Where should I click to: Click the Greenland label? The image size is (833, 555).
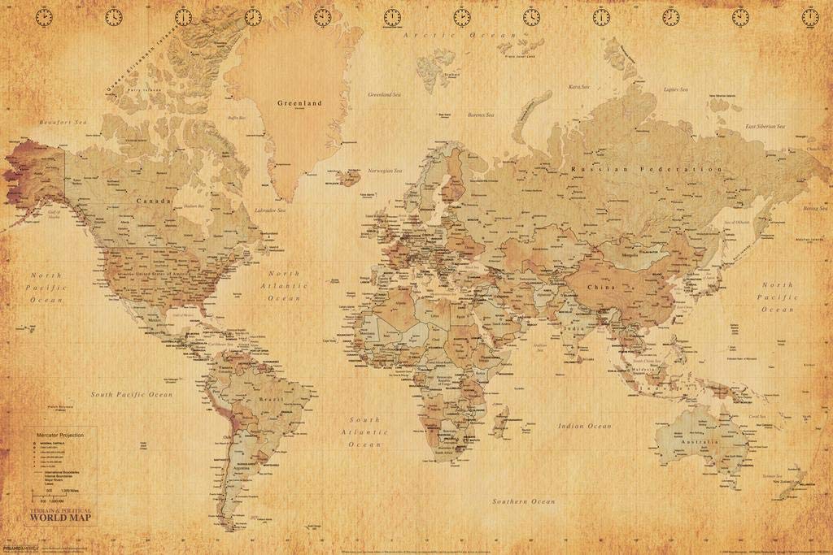[x=299, y=103]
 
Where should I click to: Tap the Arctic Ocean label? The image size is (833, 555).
[x=472, y=37]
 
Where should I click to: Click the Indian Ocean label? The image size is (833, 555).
[x=584, y=426]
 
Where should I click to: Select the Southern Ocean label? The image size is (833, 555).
[x=524, y=501]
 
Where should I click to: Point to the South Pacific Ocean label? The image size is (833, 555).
[x=132, y=394]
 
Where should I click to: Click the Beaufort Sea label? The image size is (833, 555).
[x=63, y=122]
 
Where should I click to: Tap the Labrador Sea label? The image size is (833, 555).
[x=268, y=210]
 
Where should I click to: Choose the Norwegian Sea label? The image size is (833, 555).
[x=385, y=171]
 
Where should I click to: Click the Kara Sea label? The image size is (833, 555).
[x=578, y=86]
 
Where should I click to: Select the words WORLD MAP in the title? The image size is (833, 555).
[x=61, y=518]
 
